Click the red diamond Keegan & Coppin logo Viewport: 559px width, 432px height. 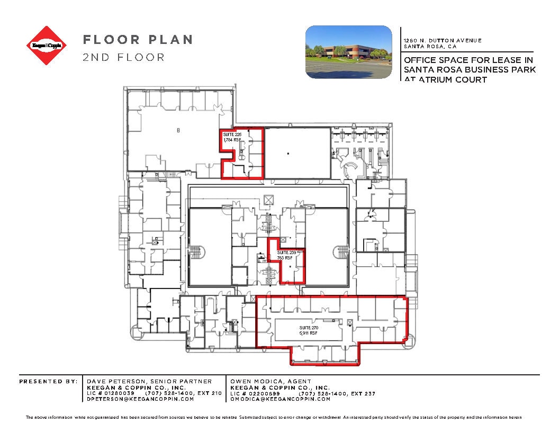(48, 46)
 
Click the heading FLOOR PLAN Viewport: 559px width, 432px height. (137, 40)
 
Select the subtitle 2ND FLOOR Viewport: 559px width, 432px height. (123, 57)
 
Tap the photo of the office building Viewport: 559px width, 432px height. (348, 52)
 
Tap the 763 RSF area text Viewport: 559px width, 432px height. (285, 258)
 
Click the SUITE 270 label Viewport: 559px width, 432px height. (308, 328)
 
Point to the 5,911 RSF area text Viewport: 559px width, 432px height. (308, 334)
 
